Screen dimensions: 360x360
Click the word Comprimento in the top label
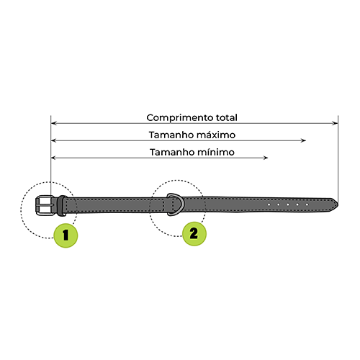(180, 118)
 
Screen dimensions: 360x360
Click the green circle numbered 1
(66, 235)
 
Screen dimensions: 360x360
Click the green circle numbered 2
(194, 233)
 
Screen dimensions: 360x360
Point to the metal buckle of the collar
(45, 206)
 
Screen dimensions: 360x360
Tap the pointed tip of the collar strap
(338, 205)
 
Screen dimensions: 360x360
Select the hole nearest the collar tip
(307, 204)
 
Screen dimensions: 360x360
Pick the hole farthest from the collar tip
(269, 204)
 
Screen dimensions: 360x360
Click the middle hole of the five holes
(288, 204)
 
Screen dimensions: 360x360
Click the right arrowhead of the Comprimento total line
(336, 123)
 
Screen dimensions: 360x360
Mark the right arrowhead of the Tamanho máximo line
(303, 140)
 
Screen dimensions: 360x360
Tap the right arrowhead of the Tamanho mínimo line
(265, 158)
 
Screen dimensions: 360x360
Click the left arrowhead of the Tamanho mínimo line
(54, 158)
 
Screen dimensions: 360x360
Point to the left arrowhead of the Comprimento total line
(54, 123)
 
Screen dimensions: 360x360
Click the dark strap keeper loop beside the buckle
(62, 206)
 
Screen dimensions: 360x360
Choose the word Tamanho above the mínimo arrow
(172, 152)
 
